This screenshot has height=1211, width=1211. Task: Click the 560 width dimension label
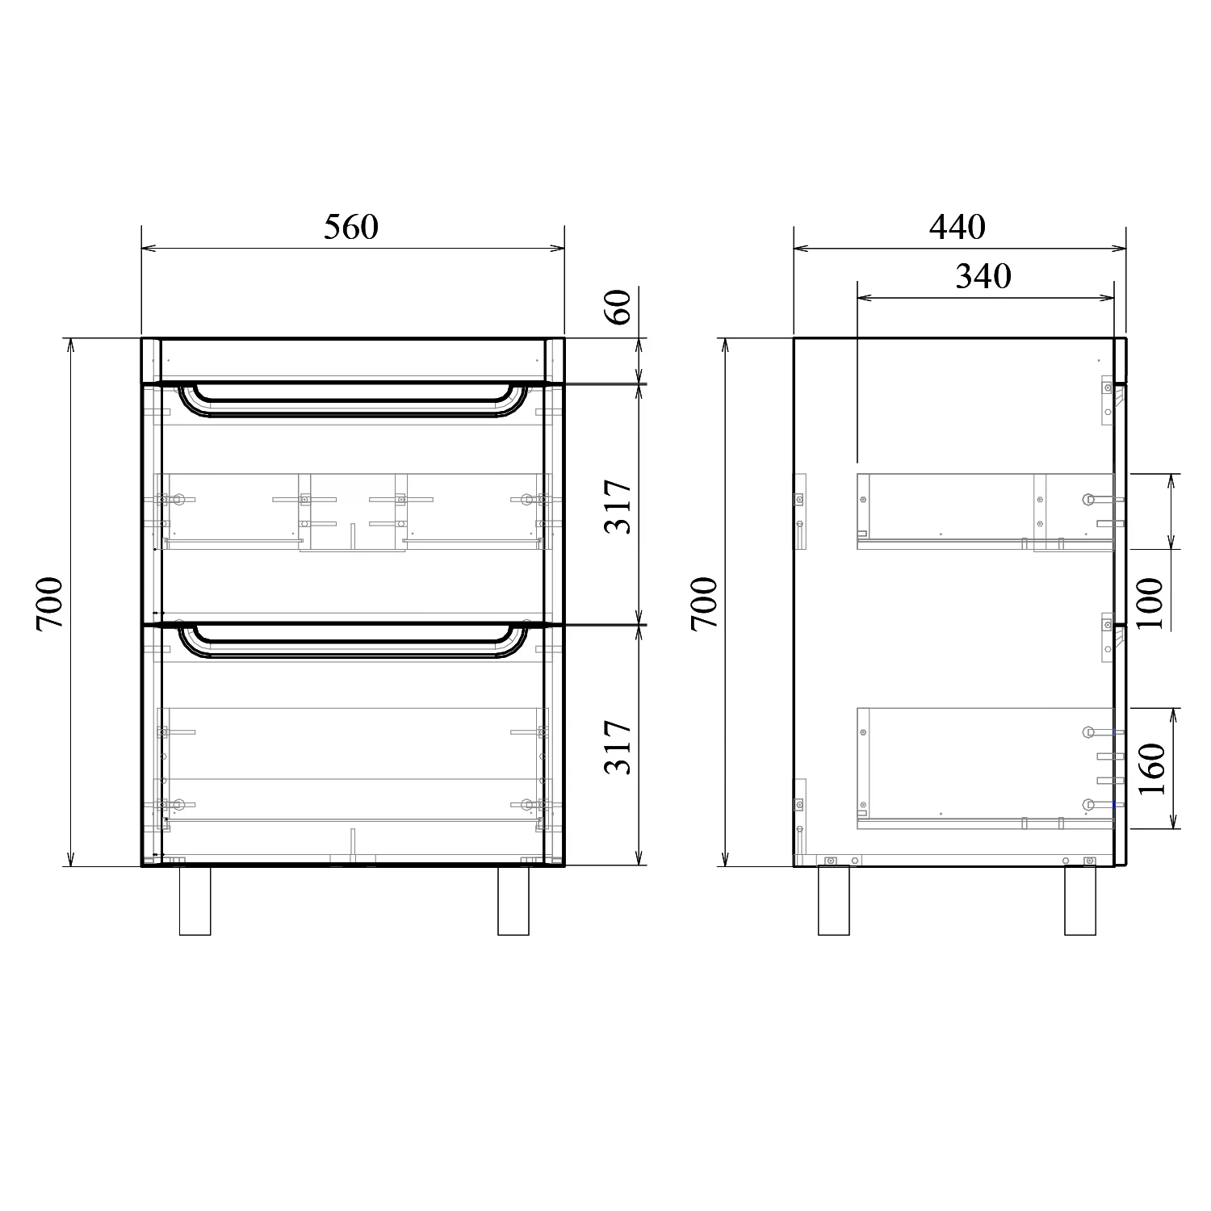point(351,228)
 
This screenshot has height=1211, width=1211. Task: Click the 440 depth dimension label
point(957,228)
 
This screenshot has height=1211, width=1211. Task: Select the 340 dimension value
point(983,276)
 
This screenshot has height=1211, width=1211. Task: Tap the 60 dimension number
point(619,306)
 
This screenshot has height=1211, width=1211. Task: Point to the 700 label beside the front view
point(49,603)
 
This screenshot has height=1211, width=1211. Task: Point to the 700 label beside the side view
point(704,603)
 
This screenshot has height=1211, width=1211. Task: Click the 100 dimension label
point(1150,603)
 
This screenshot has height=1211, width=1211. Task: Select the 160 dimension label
point(1150,768)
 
